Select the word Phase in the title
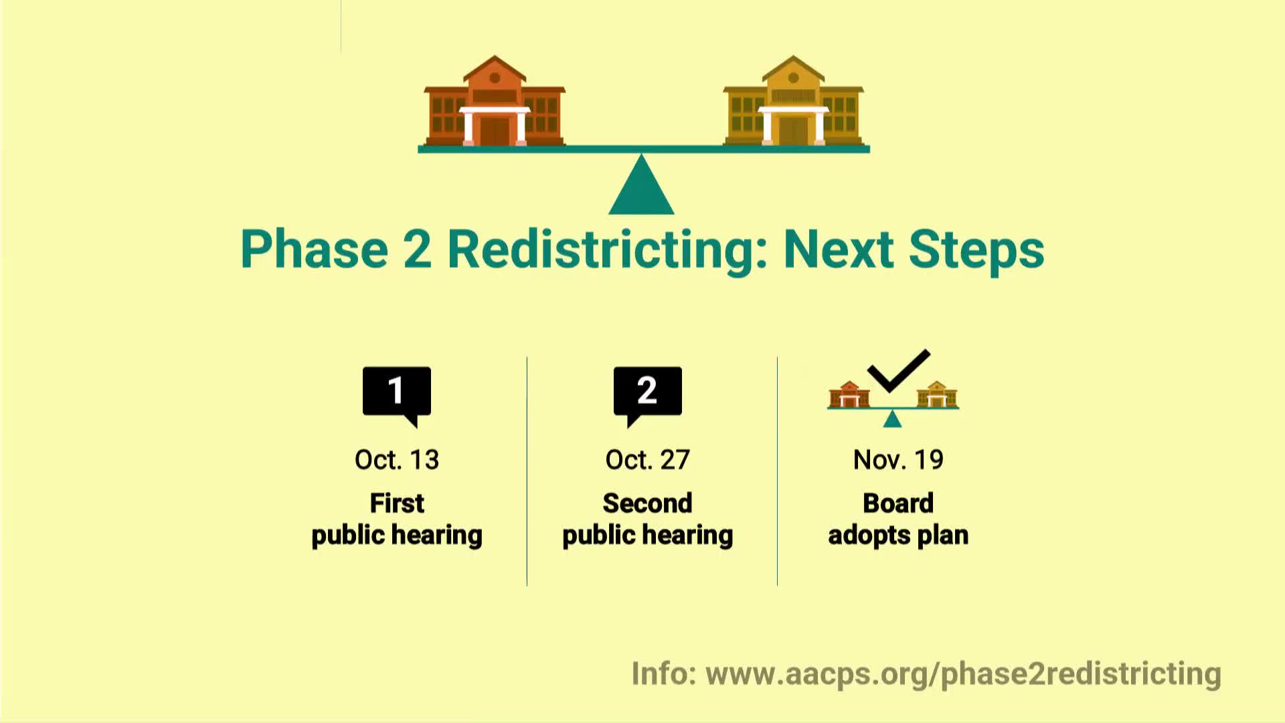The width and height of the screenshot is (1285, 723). (x=314, y=249)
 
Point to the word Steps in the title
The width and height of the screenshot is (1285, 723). (x=976, y=250)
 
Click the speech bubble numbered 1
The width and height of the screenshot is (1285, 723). (x=397, y=393)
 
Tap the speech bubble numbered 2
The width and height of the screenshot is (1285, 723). (x=647, y=393)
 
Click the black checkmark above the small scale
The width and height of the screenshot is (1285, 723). (x=898, y=370)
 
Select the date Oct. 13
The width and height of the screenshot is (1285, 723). (x=397, y=460)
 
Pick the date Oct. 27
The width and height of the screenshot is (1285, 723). (x=647, y=460)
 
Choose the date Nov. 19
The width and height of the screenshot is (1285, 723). (x=898, y=460)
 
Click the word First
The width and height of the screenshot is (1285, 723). (x=397, y=503)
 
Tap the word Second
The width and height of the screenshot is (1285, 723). (x=647, y=503)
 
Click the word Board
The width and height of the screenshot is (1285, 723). (x=898, y=503)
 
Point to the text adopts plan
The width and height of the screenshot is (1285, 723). (x=898, y=536)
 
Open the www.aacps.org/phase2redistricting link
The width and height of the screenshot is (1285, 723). (x=963, y=673)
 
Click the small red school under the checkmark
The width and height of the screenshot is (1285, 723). (x=849, y=394)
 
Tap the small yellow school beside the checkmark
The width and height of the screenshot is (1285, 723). (x=937, y=394)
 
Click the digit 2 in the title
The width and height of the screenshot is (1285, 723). (x=417, y=249)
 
